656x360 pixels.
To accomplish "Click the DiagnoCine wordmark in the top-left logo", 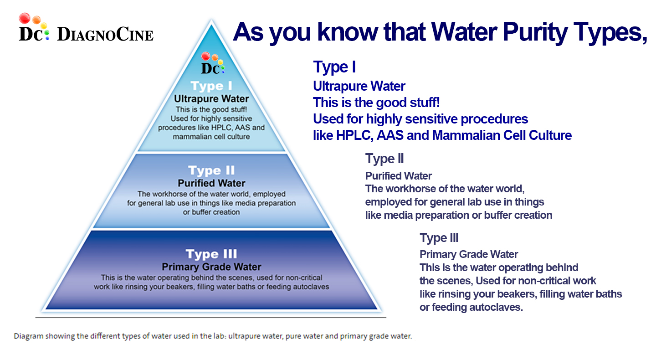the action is pos(105,34).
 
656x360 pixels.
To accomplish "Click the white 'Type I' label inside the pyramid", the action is pos(211,86).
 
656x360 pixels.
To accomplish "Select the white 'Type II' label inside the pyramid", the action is pos(211,170).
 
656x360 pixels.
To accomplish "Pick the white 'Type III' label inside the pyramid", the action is pos(211,254).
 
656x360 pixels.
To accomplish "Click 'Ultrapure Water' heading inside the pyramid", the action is pos(211,99).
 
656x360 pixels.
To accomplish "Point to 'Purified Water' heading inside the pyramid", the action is pos(211,183).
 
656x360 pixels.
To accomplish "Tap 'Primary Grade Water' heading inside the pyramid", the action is pos(211,267).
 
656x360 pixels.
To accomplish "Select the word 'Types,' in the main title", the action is pos(610,33).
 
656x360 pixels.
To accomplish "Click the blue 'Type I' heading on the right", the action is pos(334,67).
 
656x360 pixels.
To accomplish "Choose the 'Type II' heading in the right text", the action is pos(384,159).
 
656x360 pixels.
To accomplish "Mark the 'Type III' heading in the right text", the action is pos(439,238).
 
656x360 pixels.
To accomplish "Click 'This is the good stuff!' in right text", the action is pos(376,103).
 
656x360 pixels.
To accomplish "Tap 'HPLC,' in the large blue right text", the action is pos(354,135).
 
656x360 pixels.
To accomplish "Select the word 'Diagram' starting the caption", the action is pos(28,336).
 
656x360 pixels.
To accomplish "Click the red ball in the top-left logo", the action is pos(25,18).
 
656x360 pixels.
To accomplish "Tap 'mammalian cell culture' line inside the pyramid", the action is pos(211,137).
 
